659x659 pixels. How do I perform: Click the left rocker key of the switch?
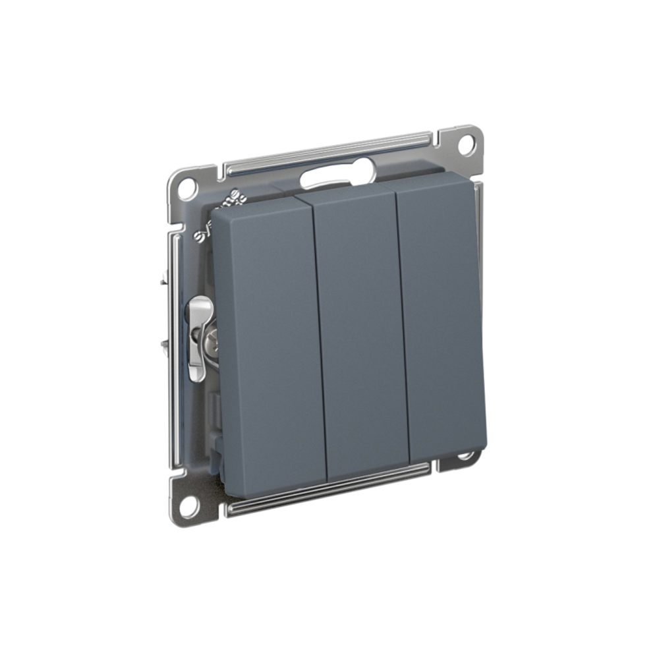click(267, 343)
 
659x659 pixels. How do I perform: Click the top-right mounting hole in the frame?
click(467, 143)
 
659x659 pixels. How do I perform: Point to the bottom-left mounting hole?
click(188, 506)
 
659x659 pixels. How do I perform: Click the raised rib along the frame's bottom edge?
click(329, 491)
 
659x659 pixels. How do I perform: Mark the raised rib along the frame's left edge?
click(175, 349)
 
